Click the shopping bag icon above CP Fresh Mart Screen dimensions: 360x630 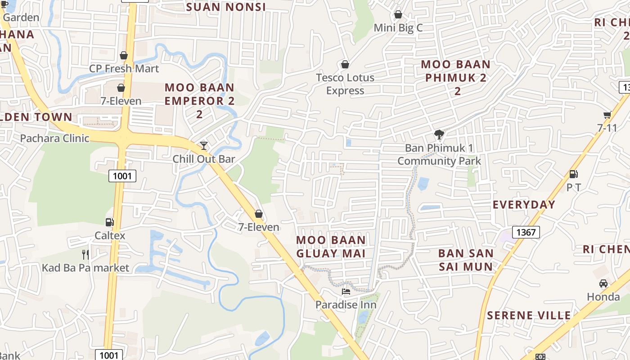(x=123, y=55)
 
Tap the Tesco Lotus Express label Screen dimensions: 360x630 (x=345, y=84)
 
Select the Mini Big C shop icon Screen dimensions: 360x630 (x=398, y=15)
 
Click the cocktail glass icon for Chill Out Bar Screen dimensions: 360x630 (x=204, y=145)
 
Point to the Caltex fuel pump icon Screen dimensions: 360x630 (x=109, y=222)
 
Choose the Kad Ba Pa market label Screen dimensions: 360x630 (x=85, y=268)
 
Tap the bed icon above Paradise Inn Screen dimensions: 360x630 (x=346, y=292)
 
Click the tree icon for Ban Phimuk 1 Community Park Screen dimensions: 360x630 (x=439, y=134)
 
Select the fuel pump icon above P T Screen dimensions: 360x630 (x=573, y=174)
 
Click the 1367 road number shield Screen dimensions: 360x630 (x=526, y=232)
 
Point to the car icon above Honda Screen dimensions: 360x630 (x=603, y=283)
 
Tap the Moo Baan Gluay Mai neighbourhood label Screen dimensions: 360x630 (x=331, y=247)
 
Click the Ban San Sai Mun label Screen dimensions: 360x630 (x=466, y=260)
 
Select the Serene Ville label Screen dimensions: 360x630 (x=529, y=315)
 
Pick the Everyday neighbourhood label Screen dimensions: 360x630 (x=524, y=205)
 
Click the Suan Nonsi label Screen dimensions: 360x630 (x=226, y=7)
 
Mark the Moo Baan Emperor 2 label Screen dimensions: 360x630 (x=199, y=100)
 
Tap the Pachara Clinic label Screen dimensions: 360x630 (x=54, y=138)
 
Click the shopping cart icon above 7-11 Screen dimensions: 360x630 (x=607, y=115)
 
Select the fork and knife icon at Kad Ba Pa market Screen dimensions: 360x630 (x=85, y=254)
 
